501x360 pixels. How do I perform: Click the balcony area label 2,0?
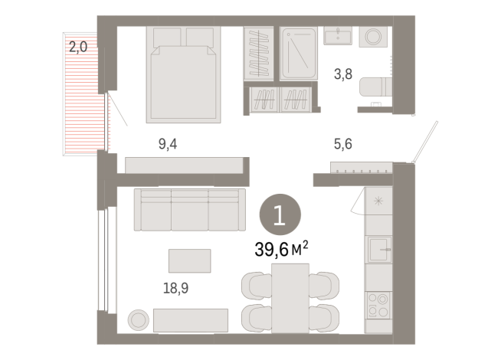click(x=78, y=47)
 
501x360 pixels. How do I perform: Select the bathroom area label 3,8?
click(x=342, y=74)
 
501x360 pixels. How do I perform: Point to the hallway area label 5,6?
click(x=342, y=142)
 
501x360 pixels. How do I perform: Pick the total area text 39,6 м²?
click(x=281, y=248)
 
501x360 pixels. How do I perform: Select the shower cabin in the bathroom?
click(x=298, y=54)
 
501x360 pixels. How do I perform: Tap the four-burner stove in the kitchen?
click(x=378, y=304)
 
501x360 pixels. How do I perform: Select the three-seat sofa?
click(x=189, y=208)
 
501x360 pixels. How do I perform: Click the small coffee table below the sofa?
click(x=189, y=260)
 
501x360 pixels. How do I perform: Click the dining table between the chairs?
click(x=290, y=297)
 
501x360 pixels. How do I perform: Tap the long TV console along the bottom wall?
click(x=190, y=320)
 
